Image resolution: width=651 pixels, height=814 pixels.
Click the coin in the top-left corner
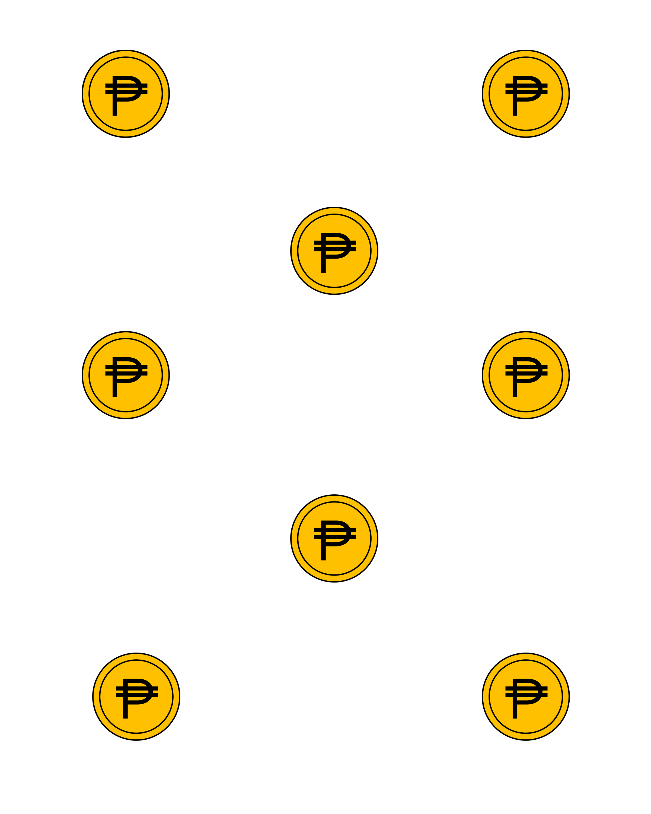tap(126, 94)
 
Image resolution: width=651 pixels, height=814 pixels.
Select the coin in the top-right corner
tap(525, 94)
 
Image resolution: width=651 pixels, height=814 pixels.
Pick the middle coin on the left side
tap(126, 375)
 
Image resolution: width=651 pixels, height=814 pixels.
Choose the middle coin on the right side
tap(525, 375)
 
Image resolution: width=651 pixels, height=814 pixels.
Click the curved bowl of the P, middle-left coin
tap(140, 370)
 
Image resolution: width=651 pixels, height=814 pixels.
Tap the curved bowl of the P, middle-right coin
tap(540, 370)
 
